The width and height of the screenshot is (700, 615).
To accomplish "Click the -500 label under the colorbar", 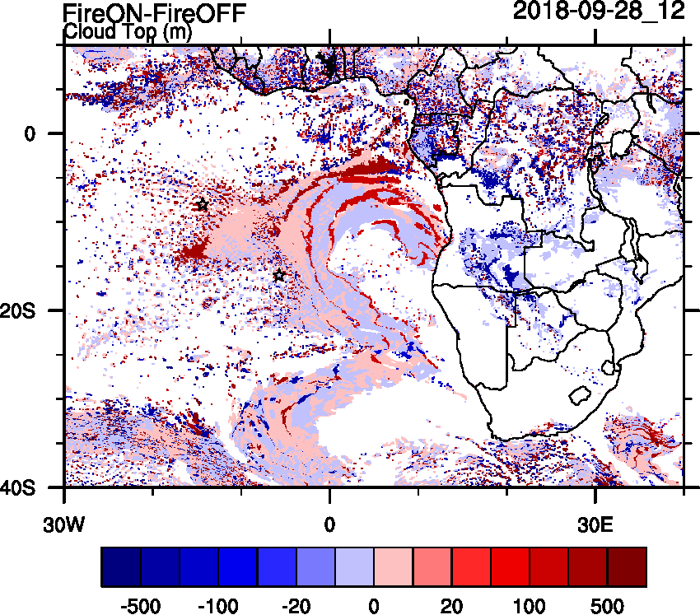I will tap(140, 606).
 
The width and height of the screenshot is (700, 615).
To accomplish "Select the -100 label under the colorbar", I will tap(218, 606).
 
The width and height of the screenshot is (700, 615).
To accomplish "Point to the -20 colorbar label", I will tap(296, 606).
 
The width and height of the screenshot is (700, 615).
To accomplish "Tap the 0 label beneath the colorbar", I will tap(374, 606).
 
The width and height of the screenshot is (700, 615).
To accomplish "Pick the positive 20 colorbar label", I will tap(451, 606).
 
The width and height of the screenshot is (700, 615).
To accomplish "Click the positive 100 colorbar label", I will tap(530, 606).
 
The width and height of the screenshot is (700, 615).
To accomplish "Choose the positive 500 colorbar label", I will tap(607, 606).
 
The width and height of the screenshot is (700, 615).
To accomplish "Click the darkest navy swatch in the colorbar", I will tap(121, 567).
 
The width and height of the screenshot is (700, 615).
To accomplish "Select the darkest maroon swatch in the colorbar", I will tap(627, 567).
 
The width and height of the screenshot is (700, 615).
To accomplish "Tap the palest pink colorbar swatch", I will tap(394, 567).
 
